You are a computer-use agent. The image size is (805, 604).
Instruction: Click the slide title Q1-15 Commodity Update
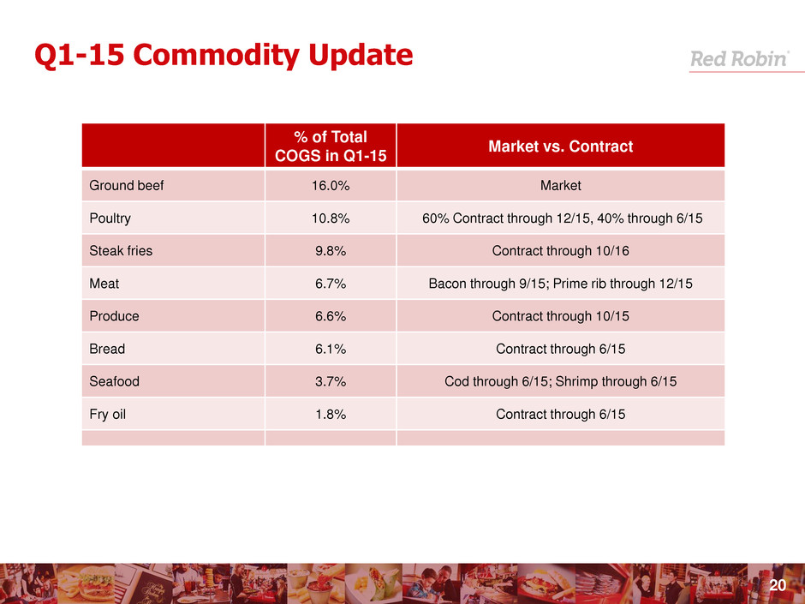coord(224,56)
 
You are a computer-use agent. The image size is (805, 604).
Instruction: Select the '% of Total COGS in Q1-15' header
coord(331,147)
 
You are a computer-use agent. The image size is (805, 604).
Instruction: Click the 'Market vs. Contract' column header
coord(560,147)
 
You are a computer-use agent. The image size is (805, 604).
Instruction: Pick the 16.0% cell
coord(331,186)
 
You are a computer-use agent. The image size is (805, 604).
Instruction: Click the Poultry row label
coord(110,218)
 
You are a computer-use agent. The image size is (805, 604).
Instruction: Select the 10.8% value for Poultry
coord(331,218)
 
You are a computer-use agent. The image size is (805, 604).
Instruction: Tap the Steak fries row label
coord(121,251)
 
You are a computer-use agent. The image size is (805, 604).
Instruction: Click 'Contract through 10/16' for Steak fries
coord(560,251)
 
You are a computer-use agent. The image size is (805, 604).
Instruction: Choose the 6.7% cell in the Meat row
coord(331,284)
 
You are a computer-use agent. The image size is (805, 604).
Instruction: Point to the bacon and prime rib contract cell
coord(560,284)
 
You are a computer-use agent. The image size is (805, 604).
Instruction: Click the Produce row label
coord(114,316)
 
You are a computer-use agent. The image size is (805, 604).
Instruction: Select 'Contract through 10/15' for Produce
coord(560,316)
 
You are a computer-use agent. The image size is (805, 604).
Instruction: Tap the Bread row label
coord(107,349)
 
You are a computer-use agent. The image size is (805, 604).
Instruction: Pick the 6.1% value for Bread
coord(331,349)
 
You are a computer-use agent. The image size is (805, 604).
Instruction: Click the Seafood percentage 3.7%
coord(331,381)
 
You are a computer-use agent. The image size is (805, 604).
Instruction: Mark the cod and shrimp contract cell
coord(560,381)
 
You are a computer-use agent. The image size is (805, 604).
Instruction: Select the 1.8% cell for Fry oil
coord(331,414)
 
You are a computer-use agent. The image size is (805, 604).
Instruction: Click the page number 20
coord(778,586)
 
